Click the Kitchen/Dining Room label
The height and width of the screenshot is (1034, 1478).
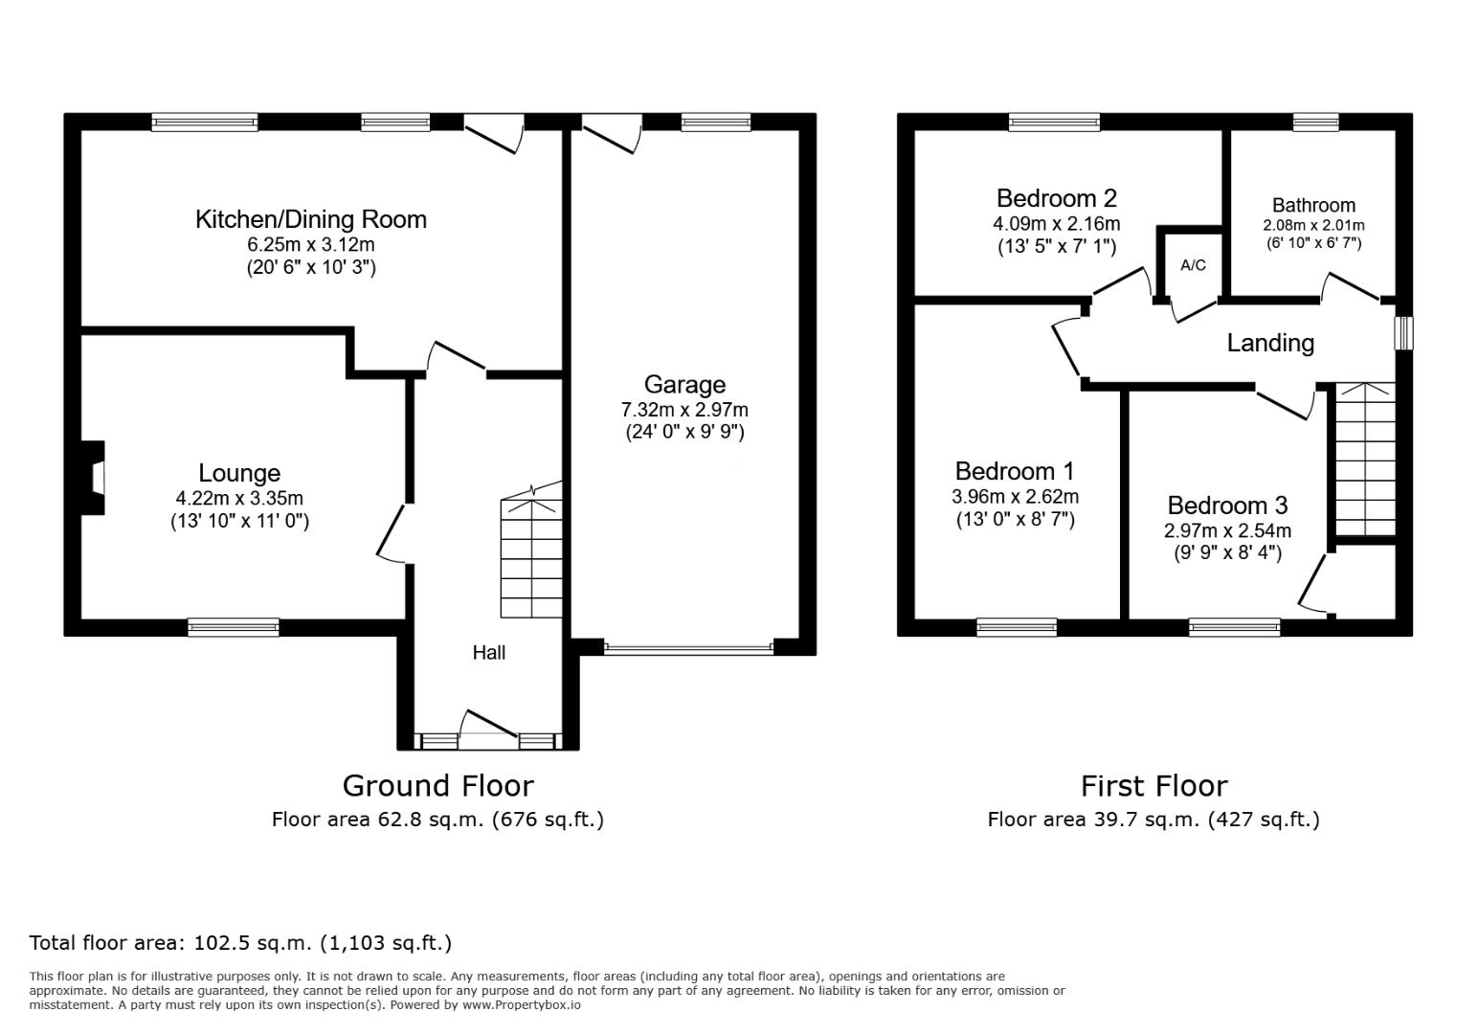tap(311, 220)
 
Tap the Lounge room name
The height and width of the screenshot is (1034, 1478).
tap(239, 473)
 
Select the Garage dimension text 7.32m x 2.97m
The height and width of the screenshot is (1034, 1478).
tap(684, 410)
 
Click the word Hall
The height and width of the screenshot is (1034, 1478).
tap(489, 653)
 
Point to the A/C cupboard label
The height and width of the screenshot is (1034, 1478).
tap(1193, 265)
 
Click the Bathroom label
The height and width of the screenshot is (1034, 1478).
tap(1313, 205)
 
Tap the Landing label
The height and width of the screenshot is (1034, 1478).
tap(1271, 343)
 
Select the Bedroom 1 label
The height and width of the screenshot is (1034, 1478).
tap(1015, 471)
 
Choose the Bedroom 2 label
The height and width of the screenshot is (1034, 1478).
tap(1057, 198)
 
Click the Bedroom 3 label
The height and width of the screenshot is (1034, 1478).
tap(1227, 506)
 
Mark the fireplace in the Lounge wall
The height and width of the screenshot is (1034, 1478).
tap(92, 478)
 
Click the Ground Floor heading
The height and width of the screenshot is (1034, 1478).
tap(438, 786)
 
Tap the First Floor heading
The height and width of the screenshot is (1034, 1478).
tap(1154, 786)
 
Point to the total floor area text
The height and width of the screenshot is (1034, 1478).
tap(240, 943)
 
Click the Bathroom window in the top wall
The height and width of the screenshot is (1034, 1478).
tap(1315, 123)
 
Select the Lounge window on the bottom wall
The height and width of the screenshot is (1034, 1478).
tap(234, 627)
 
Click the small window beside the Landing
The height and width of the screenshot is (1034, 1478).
tap(1403, 333)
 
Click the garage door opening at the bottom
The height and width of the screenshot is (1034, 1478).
tap(688, 648)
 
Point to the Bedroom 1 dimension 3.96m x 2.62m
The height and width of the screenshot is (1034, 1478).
tap(1015, 496)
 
